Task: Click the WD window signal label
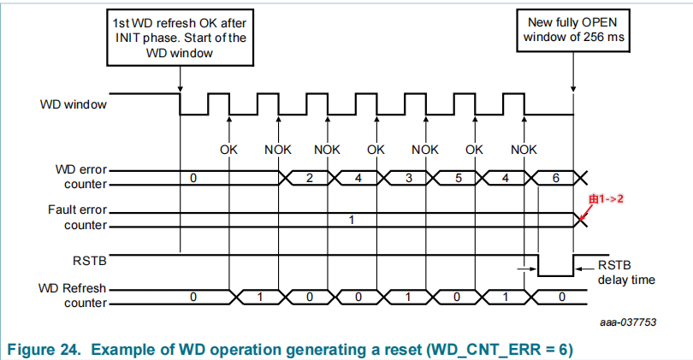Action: coord(73,106)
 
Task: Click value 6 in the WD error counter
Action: coord(557,178)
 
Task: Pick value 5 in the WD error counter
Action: coord(459,178)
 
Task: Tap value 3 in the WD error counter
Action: coord(409,178)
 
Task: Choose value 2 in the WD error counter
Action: coord(310,178)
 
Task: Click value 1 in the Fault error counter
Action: coord(351,220)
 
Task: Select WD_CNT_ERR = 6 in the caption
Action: coord(504,349)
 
